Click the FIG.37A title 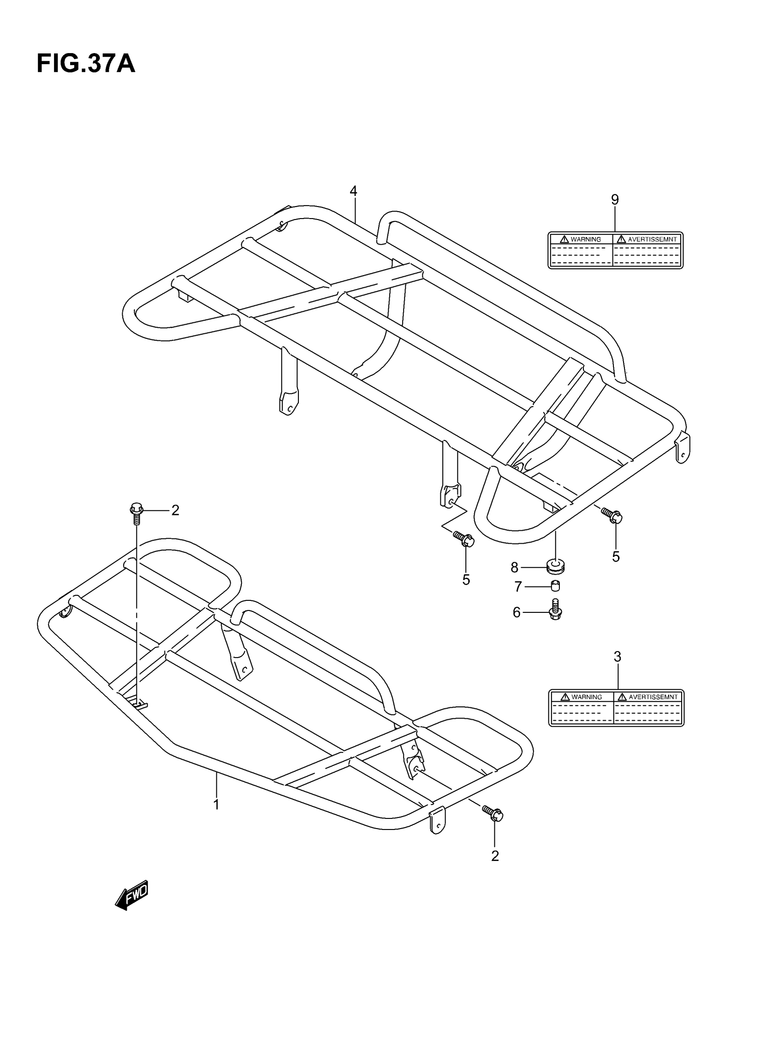86,64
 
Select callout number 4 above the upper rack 353,191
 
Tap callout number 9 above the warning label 615,200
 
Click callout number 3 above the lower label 617,656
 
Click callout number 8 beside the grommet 514,568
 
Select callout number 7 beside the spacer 518,587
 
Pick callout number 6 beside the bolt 517,612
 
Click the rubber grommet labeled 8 556,566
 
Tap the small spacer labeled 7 556,586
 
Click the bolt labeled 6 556,609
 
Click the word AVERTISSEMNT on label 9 652,239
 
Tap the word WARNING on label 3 586,697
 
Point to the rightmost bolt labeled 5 612,516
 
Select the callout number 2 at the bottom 495,856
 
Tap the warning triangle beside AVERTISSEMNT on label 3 622,697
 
